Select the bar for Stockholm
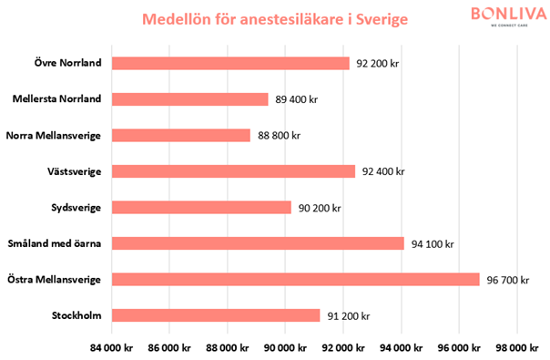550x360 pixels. (x=216, y=315)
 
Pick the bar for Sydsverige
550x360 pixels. (x=201, y=208)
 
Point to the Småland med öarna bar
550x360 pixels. (x=258, y=243)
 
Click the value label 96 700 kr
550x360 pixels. (x=507, y=280)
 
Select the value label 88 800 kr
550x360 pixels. (x=279, y=135)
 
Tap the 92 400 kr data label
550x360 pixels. (x=382, y=171)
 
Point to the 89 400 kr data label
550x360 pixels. (x=296, y=99)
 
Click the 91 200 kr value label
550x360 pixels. (x=348, y=315)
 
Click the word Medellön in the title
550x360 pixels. (x=178, y=19)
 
